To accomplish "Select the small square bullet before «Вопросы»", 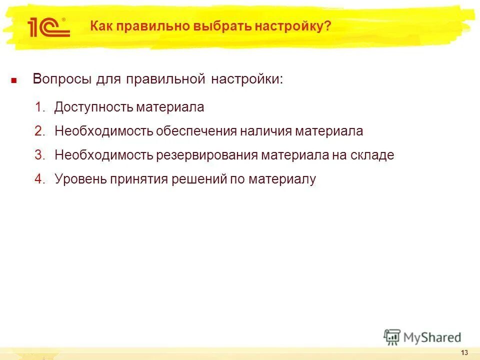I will pyautogui.click(x=14, y=80).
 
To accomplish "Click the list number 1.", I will pyautogui.click(x=40, y=107).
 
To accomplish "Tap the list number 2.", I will pyautogui.click(x=40, y=131).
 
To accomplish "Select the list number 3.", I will pyautogui.click(x=40, y=155).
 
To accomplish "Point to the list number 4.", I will pyautogui.click(x=40, y=179).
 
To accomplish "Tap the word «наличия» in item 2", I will pyautogui.click(x=265, y=131).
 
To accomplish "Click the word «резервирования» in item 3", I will pyautogui.click(x=208, y=155).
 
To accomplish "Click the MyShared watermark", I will pyautogui.click(x=422, y=337).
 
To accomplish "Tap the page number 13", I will pyautogui.click(x=464, y=352).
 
